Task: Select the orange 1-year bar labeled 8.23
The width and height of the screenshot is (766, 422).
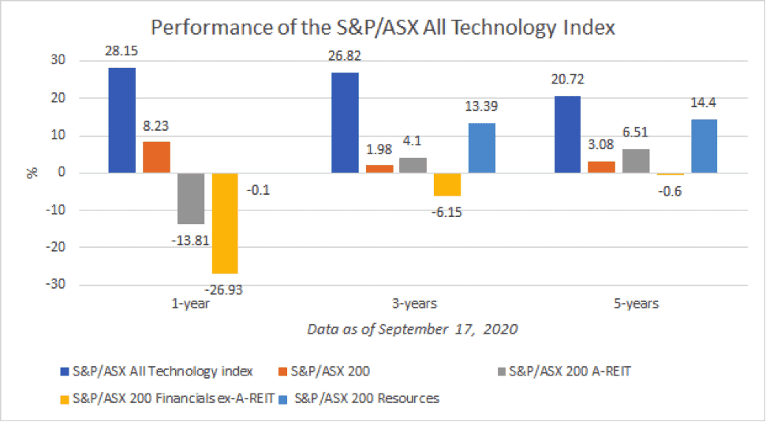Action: (156, 157)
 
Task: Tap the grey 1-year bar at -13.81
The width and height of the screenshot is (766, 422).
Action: (190, 198)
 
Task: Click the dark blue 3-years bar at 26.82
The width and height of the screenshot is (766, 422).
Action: (345, 122)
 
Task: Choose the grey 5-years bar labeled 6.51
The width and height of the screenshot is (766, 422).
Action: (635, 161)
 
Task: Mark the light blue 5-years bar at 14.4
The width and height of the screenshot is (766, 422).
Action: (703, 146)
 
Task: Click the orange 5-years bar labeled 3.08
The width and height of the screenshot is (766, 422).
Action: (601, 166)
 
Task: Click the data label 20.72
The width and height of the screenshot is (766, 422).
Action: (568, 80)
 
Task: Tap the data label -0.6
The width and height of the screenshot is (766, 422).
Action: (672, 190)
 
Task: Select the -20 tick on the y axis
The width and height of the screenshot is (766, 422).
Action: (55, 248)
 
